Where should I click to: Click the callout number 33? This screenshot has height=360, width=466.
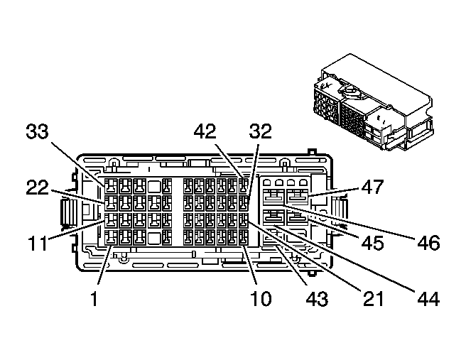41,132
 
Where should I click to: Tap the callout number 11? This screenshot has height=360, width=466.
35,243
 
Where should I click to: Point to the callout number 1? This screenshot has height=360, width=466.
94,298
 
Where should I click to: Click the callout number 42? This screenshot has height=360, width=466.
212,132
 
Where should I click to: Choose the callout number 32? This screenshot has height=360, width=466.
261,132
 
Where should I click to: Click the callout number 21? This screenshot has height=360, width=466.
370,298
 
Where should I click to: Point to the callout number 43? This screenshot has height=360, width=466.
316,298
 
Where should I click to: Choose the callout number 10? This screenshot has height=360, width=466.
261,298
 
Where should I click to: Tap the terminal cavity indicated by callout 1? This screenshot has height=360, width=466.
110,236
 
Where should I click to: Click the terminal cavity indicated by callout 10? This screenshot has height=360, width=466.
244,236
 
